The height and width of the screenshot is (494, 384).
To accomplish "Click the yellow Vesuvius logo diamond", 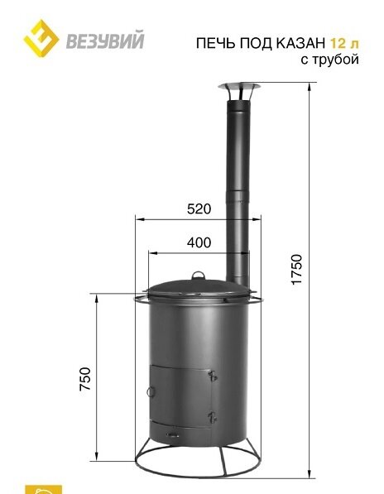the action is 41,38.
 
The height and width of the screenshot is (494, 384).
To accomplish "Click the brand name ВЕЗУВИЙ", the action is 105,40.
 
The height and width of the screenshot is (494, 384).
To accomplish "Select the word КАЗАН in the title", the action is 300,43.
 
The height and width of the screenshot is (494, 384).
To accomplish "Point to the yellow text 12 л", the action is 344,43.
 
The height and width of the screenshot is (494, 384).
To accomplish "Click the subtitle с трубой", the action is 330,59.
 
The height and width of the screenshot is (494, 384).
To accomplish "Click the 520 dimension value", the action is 199,209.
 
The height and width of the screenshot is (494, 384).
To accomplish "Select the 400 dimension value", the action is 199,242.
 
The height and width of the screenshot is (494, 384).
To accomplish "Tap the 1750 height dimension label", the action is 296,270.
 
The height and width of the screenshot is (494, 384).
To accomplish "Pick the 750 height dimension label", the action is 85,379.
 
